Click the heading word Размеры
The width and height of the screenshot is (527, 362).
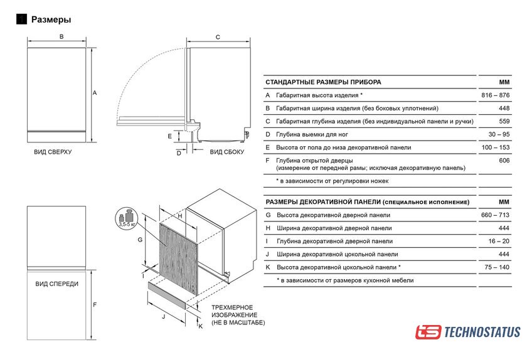click(51, 19)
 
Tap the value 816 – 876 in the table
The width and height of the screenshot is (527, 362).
click(495, 95)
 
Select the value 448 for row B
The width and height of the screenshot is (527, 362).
click(504, 109)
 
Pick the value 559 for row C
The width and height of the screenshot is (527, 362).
click(504, 121)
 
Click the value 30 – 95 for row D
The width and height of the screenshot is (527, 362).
click(499, 134)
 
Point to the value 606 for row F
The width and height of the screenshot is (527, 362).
click(504, 161)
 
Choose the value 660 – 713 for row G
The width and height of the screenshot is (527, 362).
click(495, 215)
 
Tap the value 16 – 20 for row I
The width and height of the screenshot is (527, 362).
click(499, 241)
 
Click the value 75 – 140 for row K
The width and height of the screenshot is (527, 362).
click(497, 267)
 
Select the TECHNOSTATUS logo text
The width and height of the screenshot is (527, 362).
click(482, 332)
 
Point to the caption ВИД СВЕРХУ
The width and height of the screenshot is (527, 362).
click(53, 152)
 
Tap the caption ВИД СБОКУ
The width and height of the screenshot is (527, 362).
click(227, 152)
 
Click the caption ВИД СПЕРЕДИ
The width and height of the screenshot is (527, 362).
click(57, 284)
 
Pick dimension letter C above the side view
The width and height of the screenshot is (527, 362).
click(218, 37)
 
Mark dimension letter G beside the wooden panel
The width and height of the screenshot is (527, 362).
click(140, 240)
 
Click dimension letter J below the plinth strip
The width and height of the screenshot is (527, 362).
click(164, 317)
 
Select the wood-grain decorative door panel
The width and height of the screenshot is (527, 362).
click(178, 260)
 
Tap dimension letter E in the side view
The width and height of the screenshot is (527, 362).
click(170, 136)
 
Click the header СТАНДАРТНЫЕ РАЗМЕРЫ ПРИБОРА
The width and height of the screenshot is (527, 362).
click(323, 82)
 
